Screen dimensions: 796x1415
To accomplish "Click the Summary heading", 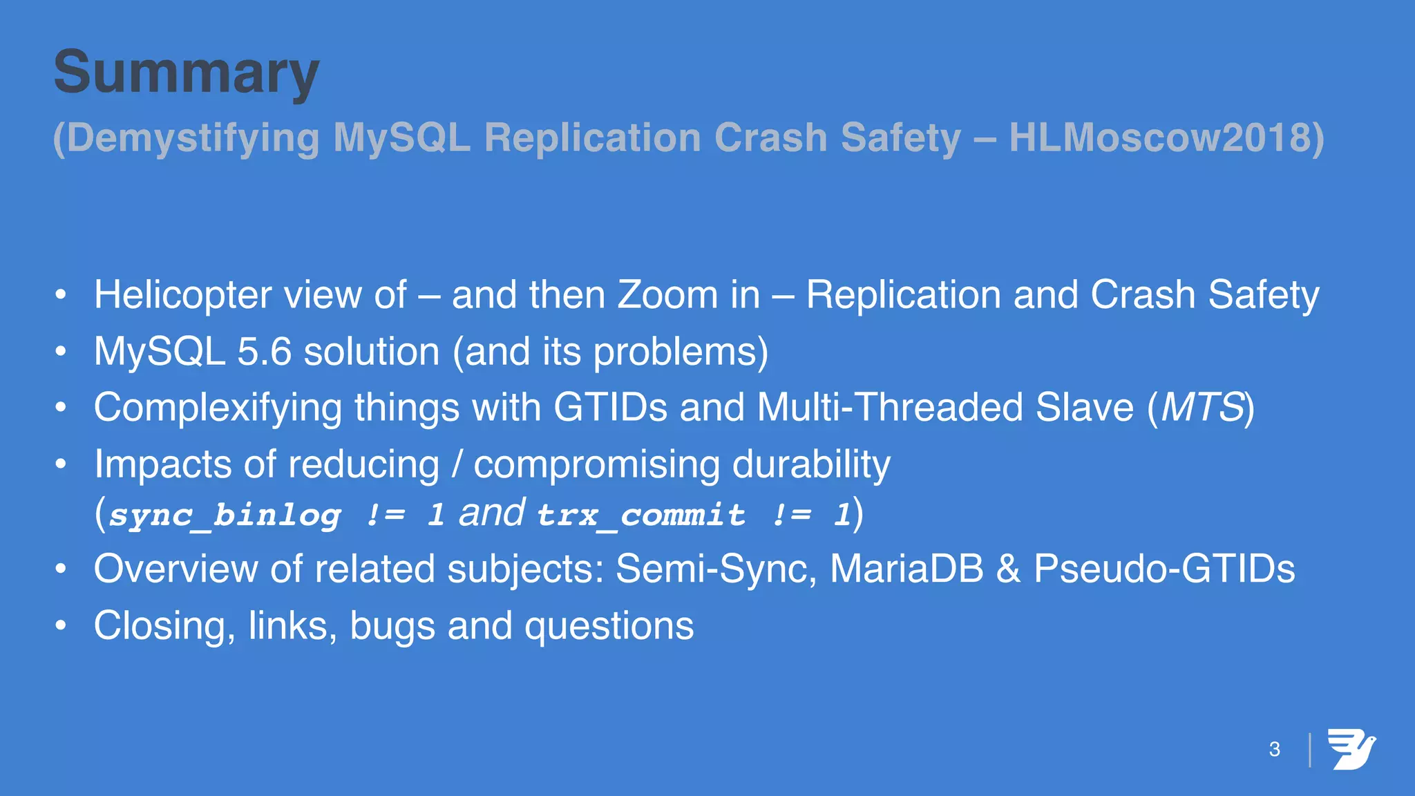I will point(187,73).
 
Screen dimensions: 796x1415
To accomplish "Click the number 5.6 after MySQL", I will point(265,352).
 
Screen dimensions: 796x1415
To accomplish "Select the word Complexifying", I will point(218,408).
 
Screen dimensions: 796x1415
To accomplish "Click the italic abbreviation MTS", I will point(1202,408).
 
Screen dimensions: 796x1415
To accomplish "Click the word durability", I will point(811,464).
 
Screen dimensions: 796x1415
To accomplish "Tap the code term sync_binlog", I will point(225,515).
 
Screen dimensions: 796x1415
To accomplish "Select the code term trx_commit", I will point(641,515).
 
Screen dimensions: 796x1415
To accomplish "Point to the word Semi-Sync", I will point(716,569).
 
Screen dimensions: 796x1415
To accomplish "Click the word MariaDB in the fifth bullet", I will point(906,569).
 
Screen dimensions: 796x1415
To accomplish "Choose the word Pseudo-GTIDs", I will point(1164,569).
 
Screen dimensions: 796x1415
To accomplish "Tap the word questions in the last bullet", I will point(609,626).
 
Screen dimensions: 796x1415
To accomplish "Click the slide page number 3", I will point(1275,750).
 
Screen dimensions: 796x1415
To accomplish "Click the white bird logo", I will point(1351,749).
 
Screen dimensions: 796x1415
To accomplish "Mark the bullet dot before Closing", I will point(61,626).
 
